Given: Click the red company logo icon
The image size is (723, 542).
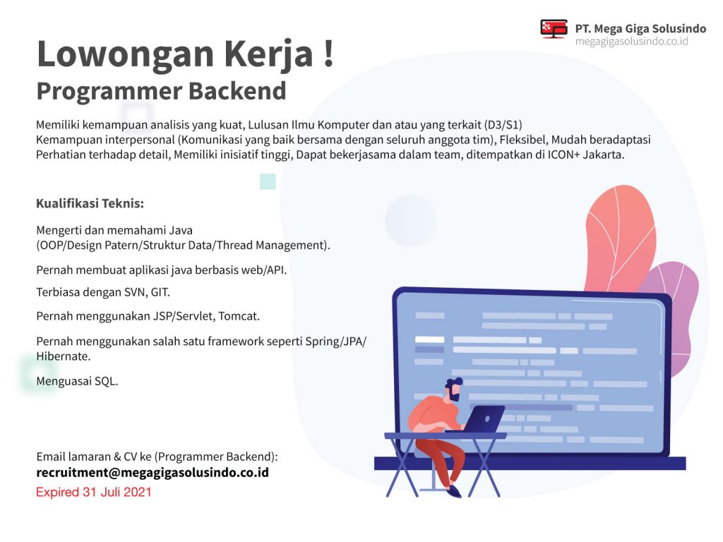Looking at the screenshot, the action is pos(554,28).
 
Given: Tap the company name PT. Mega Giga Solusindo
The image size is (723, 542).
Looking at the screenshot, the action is pos(640,28).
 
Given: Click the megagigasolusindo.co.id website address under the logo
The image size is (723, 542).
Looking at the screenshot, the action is pos(631,42).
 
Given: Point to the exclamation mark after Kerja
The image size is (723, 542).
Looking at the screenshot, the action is pos(328,54).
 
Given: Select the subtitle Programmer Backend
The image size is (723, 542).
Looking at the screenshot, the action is pos(162,91).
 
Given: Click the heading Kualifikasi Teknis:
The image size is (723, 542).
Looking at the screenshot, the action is pos(90,203).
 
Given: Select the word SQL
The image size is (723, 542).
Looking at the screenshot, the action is pos(106,381).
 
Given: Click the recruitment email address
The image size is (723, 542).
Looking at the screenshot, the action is pos(153,472).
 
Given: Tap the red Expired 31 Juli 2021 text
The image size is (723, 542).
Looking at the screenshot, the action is pos(94,492).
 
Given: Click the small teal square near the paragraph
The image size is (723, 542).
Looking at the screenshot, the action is pos(268,181).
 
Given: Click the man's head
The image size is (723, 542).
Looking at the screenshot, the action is pos(454,390).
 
